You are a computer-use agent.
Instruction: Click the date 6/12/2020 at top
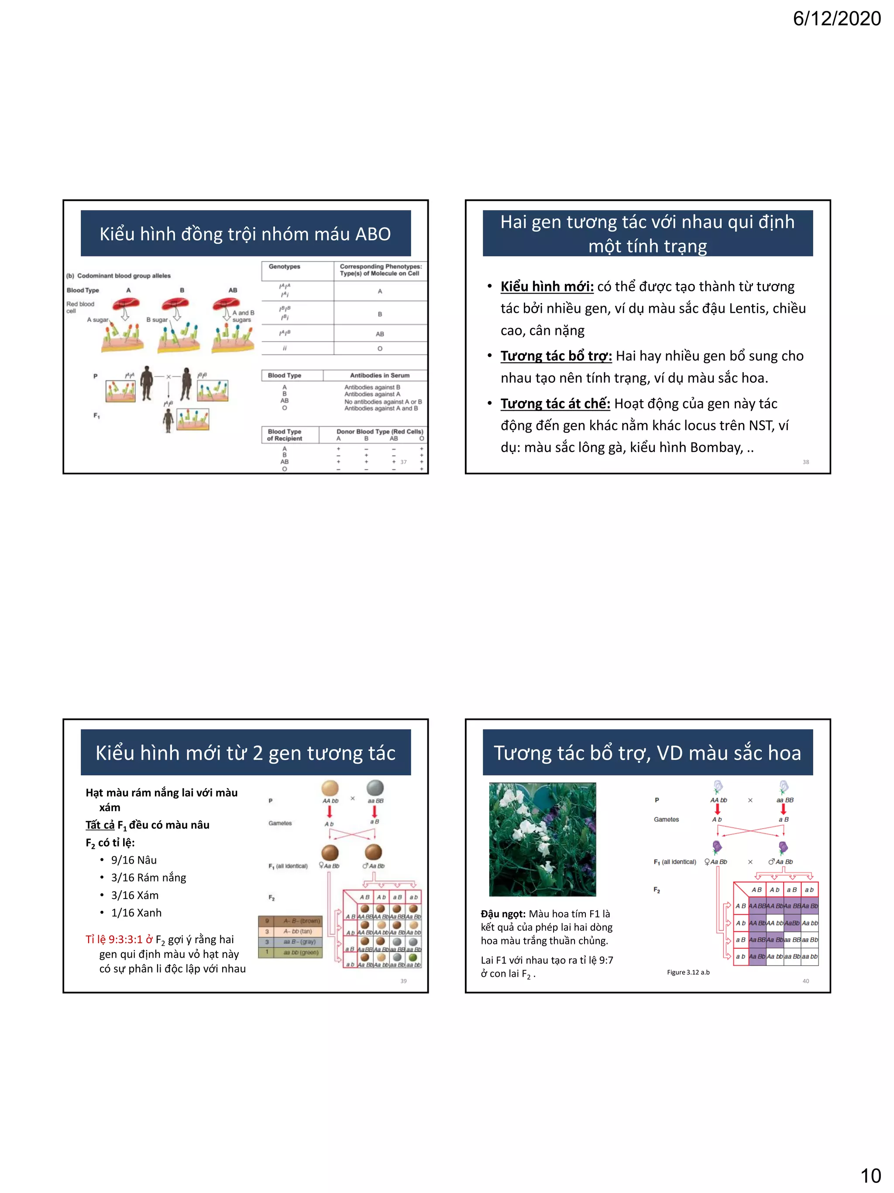(x=836, y=19)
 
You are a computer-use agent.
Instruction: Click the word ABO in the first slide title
(x=373, y=234)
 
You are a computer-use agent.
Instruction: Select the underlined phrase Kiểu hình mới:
(x=547, y=287)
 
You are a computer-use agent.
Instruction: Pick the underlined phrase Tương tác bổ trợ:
(x=556, y=356)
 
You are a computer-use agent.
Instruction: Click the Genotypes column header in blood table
(x=285, y=266)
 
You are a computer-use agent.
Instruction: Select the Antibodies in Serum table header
(x=379, y=375)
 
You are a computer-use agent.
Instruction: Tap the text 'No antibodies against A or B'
(x=382, y=401)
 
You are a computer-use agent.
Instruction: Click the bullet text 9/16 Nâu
(x=134, y=860)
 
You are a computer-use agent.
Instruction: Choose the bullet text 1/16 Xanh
(x=136, y=913)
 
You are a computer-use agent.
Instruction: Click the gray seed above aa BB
(x=375, y=788)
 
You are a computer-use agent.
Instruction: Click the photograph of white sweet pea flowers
(x=542, y=839)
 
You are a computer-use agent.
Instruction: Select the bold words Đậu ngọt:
(x=502, y=913)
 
